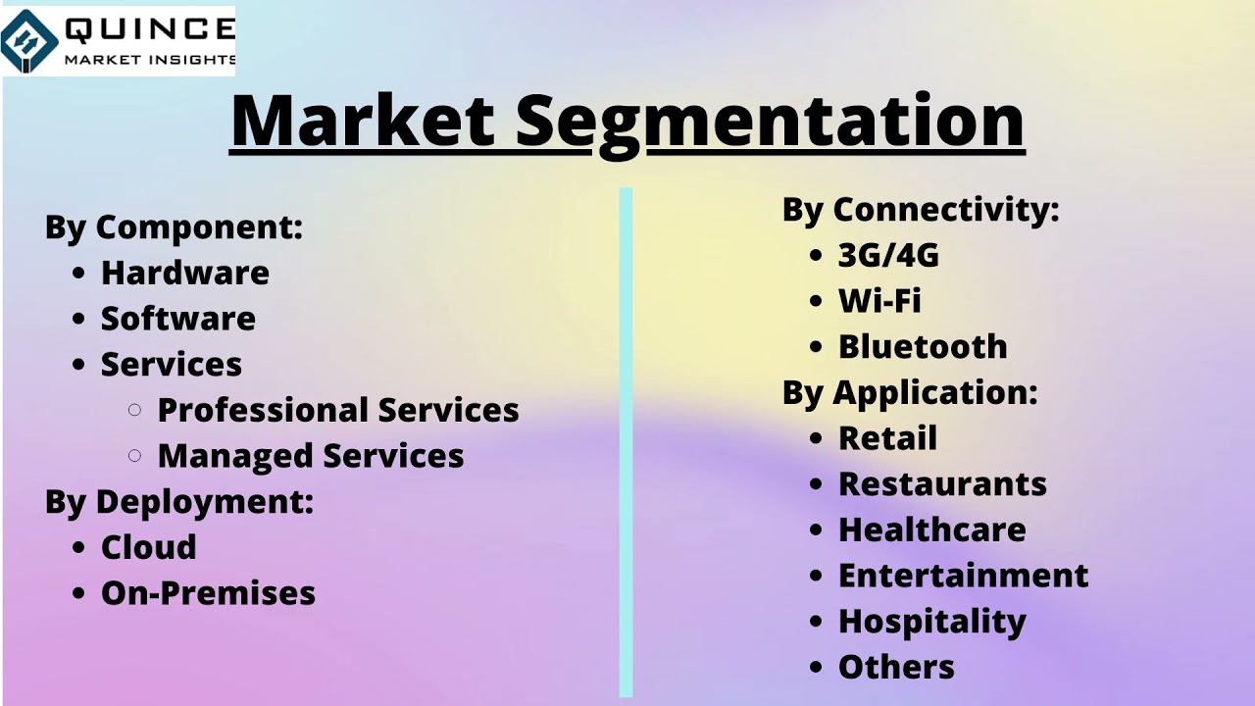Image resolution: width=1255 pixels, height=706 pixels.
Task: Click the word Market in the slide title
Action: coord(362,121)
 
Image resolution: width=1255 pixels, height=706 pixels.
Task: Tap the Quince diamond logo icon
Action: coord(28,41)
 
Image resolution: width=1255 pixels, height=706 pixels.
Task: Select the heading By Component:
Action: coord(174,227)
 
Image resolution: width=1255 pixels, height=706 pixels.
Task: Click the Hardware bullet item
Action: coord(184,273)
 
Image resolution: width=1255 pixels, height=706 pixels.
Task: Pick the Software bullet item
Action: coord(177,319)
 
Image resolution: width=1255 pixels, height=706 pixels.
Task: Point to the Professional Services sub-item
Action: coord(338,410)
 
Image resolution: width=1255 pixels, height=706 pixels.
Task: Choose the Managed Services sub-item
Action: coord(311,456)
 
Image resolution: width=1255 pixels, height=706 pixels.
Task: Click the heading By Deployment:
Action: coord(179,502)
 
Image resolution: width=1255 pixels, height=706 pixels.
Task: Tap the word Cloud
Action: coord(148,547)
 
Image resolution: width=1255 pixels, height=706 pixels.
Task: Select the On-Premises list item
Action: coord(208,593)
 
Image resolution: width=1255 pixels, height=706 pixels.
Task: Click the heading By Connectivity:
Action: coord(921,210)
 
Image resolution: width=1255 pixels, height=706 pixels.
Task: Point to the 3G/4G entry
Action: coord(888,255)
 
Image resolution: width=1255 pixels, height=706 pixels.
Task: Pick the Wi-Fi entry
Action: coord(879,301)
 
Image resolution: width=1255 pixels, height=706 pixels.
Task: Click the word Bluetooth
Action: coord(923,346)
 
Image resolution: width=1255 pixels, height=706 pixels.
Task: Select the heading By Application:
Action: coord(910,392)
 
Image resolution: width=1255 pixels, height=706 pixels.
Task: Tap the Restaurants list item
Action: coord(942,484)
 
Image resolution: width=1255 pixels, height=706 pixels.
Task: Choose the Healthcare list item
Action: coord(931,529)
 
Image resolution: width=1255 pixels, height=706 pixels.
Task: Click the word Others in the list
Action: coord(896,667)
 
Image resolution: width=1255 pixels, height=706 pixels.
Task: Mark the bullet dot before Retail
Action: coord(816,438)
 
